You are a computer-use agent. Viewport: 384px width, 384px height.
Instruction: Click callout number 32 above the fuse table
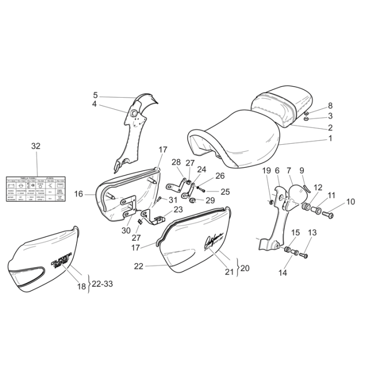[x=36, y=146]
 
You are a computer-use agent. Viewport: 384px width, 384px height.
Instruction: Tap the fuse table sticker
[x=36, y=190]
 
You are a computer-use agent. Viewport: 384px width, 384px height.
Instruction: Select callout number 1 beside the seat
[x=330, y=139]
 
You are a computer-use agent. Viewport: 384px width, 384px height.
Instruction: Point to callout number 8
[x=330, y=105]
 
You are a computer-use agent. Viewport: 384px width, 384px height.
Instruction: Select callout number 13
[x=312, y=233]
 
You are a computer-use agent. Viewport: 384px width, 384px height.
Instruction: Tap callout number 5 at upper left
[x=95, y=95]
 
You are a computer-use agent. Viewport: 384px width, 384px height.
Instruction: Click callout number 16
[x=79, y=194]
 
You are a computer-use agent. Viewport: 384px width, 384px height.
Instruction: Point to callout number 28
[x=176, y=162]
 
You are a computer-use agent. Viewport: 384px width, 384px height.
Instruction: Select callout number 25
[x=225, y=192]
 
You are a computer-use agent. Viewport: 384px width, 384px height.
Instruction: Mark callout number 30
[x=127, y=230]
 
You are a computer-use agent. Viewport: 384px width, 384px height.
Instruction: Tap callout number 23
[x=178, y=209]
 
